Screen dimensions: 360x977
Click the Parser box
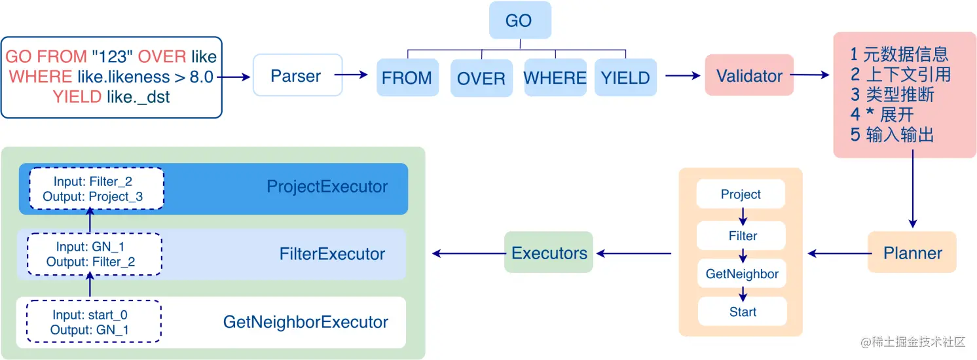click(x=296, y=76)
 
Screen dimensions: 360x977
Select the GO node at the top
click(x=519, y=20)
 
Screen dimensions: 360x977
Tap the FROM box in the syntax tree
click(x=407, y=78)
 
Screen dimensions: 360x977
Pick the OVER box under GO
click(x=481, y=79)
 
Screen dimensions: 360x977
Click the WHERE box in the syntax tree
click(x=555, y=78)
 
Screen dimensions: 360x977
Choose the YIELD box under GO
click(x=625, y=78)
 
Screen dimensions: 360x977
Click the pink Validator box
click(x=749, y=76)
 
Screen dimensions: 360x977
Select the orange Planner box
click(x=912, y=253)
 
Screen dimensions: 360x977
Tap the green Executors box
click(x=549, y=253)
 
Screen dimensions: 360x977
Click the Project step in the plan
click(x=741, y=194)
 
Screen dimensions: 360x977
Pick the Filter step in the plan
click(x=742, y=236)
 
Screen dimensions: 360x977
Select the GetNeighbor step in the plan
click(x=742, y=274)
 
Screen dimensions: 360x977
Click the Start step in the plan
click(x=742, y=312)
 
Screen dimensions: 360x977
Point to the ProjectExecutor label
click(x=327, y=187)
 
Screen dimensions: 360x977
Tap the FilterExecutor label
click(x=332, y=254)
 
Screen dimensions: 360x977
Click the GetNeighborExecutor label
click(x=305, y=322)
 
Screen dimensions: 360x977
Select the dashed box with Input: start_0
click(x=94, y=322)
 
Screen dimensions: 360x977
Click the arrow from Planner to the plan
click(x=838, y=253)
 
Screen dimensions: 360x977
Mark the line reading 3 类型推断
click(x=892, y=95)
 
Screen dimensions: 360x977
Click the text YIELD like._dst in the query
click(x=111, y=97)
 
